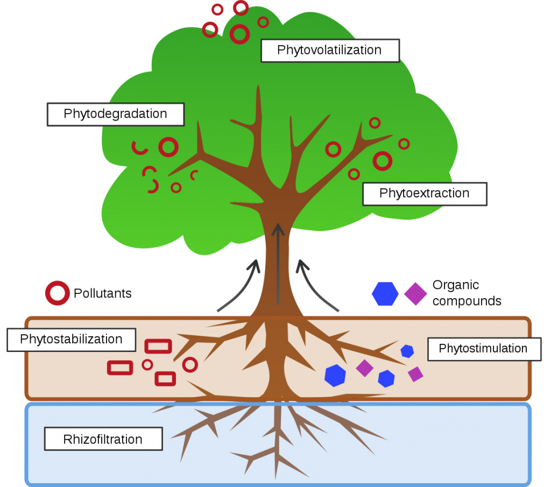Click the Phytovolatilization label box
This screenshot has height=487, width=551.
330,51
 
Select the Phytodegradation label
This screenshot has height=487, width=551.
116,114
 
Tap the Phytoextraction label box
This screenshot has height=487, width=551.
425,193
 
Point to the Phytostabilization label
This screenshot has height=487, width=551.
71,340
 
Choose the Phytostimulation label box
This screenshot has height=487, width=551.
483,349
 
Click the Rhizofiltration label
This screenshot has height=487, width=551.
103,439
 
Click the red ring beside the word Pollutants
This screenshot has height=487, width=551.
57,293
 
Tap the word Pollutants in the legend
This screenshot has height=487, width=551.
102,293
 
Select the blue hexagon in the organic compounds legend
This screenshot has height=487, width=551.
385,294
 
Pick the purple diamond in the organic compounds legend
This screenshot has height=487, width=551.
415,294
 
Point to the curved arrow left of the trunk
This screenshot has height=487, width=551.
239,285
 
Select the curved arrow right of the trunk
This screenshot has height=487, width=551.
317,285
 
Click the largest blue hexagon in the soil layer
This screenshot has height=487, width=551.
335,375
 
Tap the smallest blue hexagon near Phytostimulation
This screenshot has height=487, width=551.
407,351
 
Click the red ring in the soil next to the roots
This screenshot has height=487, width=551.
190,364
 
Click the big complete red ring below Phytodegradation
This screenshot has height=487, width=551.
168,147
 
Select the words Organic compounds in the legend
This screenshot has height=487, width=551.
466,293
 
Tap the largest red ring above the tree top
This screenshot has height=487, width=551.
239,34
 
